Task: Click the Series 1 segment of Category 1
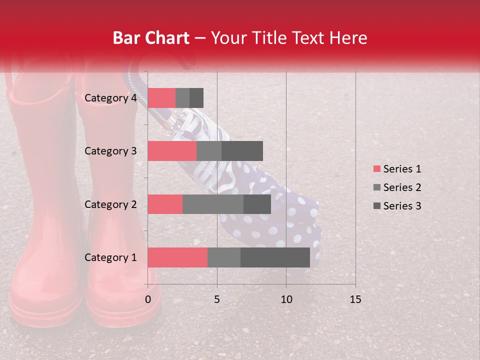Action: coord(177,257)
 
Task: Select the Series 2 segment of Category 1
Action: coord(224,257)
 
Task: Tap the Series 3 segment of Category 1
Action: coord(275,257)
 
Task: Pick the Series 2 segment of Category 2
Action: coord(213,204)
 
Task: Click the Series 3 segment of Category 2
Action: coord(257,204)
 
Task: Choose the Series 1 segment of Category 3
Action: coord(172,151)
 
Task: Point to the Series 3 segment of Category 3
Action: coord(242,151)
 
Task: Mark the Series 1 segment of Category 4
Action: coord(161,98)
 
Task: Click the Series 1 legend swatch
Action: coord(376,169)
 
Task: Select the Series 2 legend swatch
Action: coord(376,187)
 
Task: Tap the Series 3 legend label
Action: coord(402,206)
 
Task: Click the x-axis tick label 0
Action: coord(147,299)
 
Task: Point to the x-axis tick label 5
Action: coord(217,299)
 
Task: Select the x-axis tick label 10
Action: coord(286,299)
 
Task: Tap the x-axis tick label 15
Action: coord(355,299)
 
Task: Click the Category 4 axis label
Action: coord(110,98)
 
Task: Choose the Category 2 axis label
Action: coord(110,204)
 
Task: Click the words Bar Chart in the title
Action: coord(151,38)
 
